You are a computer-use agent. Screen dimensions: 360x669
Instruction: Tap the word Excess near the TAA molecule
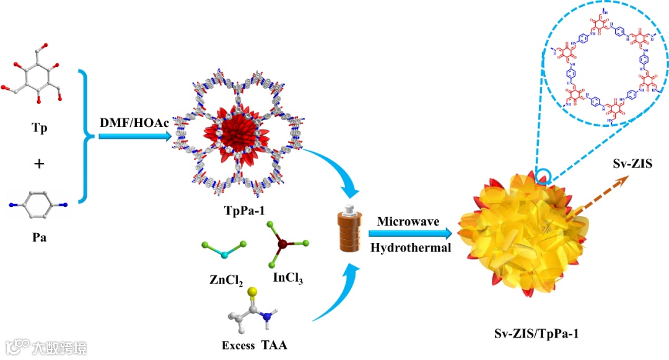(x=238, y=345)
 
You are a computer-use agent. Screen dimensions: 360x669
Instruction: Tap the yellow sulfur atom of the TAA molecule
(x=252, y=292)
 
